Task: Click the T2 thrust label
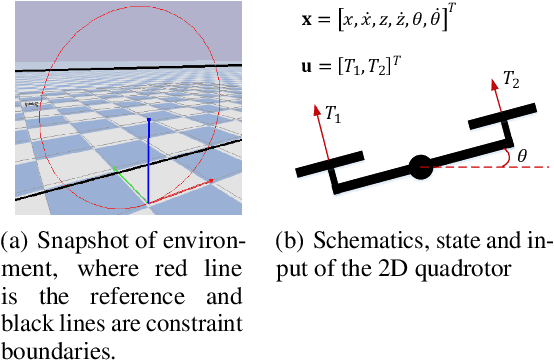click(x=511, y=77)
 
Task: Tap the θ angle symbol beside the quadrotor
click(x=523, y=155)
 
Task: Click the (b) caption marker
click(x=288, y=244)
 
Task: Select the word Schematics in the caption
click(x=356, y=244)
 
